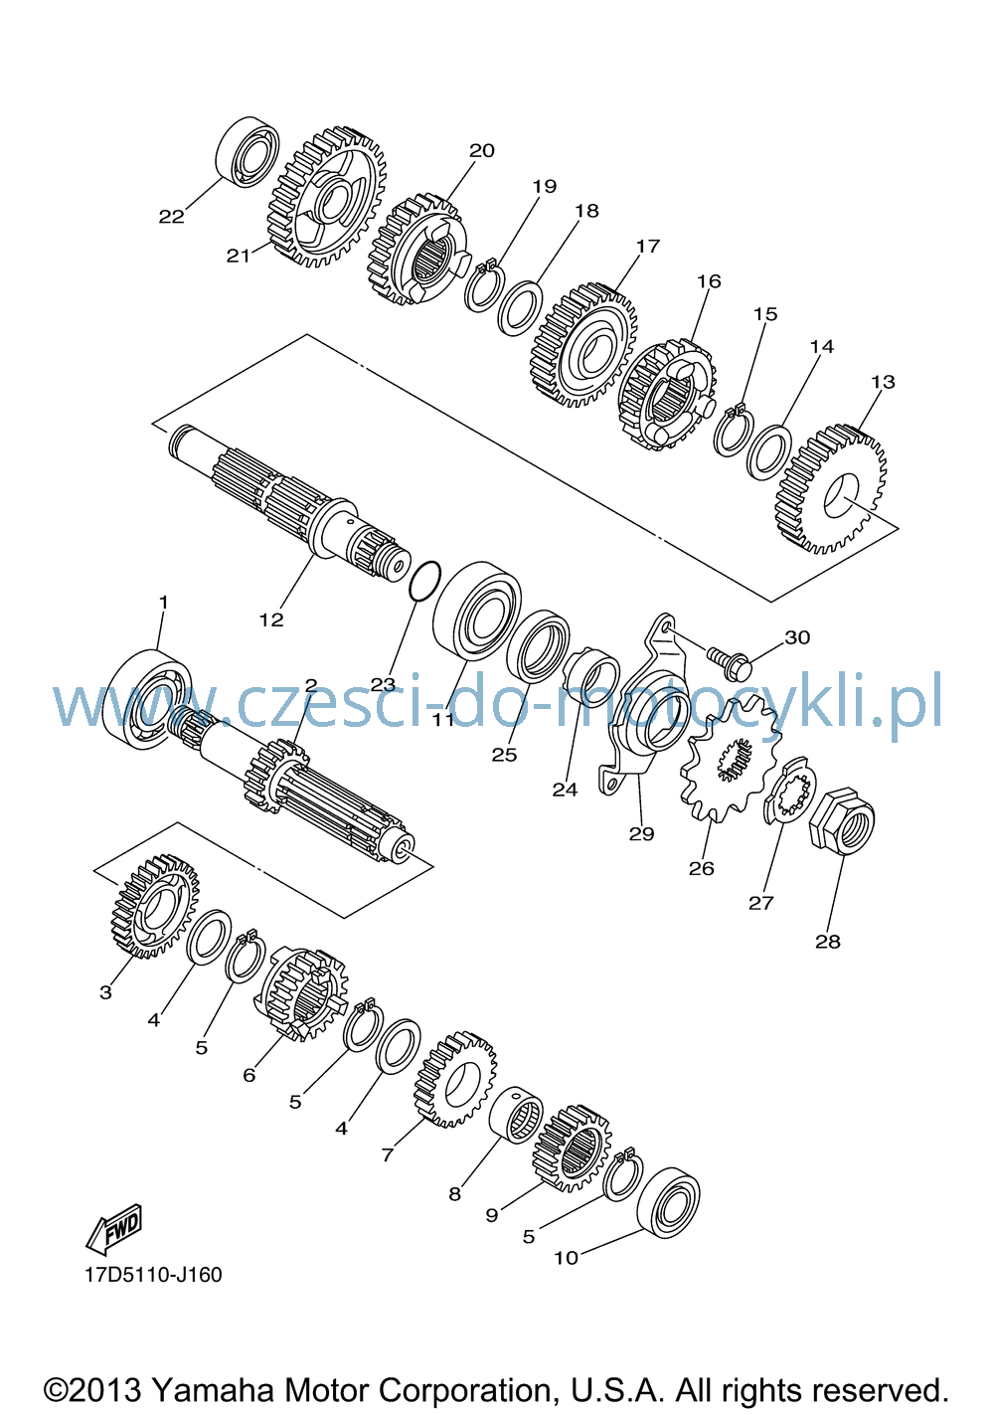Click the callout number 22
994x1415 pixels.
(x=171, y=216)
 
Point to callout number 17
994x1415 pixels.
(x=647, y=246)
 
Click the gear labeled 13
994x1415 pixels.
(x=830, y=489)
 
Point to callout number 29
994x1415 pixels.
(x=641, y=833)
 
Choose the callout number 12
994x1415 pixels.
(x=271, y=619)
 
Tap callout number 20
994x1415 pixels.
(x=481, y=150)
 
